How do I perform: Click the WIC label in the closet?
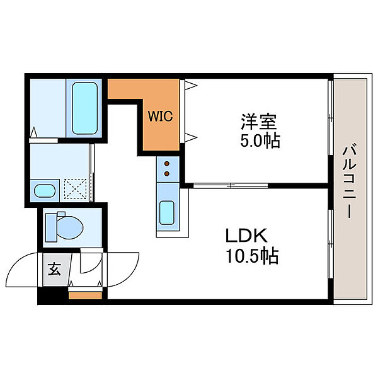coord(160,117)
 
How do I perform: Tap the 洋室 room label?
coord(259,122)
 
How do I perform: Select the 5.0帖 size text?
coord(260,140)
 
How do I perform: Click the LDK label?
coord(246,235)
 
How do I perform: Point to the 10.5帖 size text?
coord(252,255)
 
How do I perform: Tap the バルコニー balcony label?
coord(349,181)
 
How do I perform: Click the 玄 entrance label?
coord(54,269)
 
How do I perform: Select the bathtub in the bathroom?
coord(84,108)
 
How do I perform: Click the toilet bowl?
coord(70,227)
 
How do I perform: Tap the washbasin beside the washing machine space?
coord(45,191)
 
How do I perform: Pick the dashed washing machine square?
coord(75,189)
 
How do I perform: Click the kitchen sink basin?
coord(167,213)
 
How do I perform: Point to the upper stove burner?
coord(167,164)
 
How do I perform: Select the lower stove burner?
coord(167,173)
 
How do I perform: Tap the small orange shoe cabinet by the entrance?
coord(85,295)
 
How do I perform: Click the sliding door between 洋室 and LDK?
coord(231,186)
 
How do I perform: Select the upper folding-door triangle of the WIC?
coord(191,85)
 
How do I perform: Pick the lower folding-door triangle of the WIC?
coord(191,137)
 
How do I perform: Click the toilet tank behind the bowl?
coord(51,227)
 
